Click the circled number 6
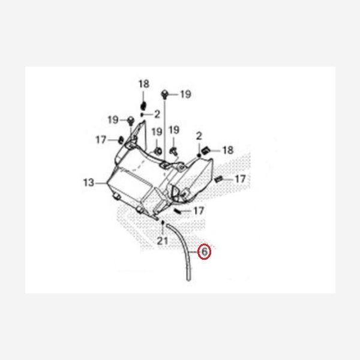point(204,252)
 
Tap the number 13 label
point(89,183)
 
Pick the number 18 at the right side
point(228,149)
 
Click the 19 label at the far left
point(113,120)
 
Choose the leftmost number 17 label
point(101,140)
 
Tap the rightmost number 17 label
point(239,179)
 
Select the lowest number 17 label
point(199,211)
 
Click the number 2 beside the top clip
point(157,113)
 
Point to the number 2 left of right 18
point(199,139)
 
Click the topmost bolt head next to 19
point(166,94)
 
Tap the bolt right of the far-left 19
point(130,121)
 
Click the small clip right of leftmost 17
point(119,140)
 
